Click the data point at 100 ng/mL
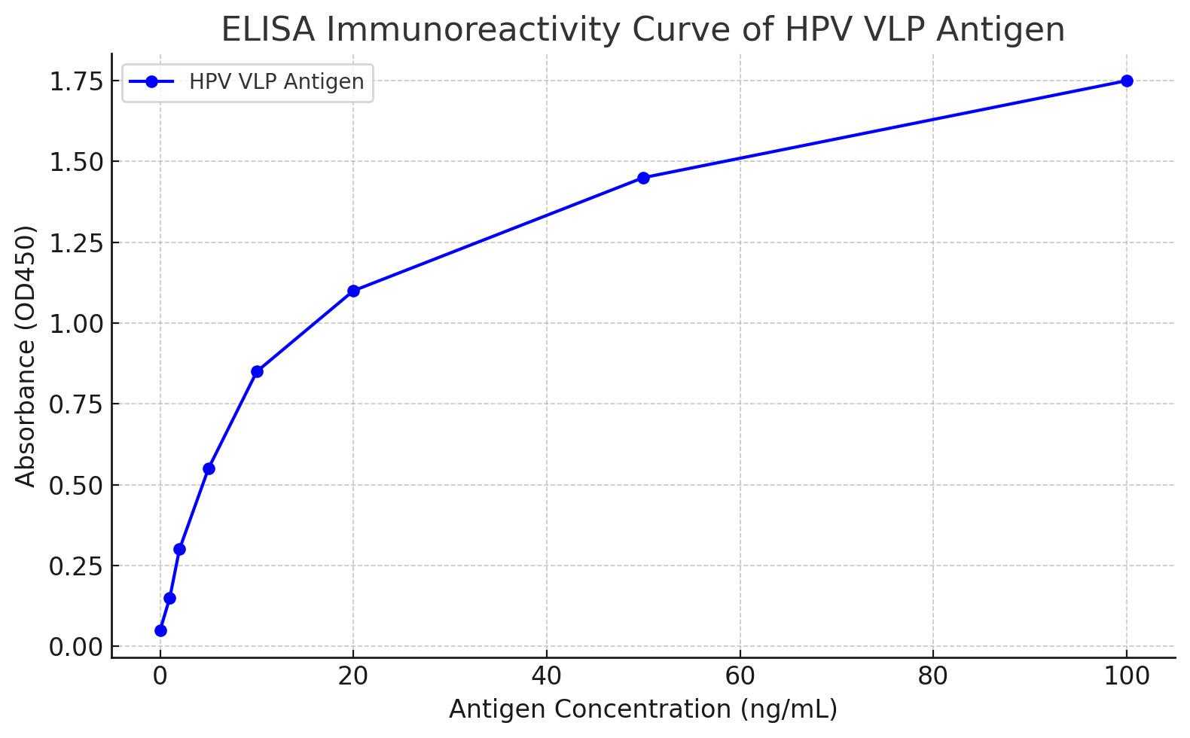click(x=1127, y=81)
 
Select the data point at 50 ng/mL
click(x=643, y=178)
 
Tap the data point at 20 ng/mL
click(x=353, y=291)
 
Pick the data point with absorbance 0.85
click(x=257, y=371)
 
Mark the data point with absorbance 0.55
click(x=209, y=468)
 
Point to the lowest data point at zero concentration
click(x=160, y=630)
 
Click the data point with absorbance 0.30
click(x=179, y=549)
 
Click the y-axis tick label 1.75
click(x=75, y=81)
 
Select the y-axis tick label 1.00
click(x=75, y=324)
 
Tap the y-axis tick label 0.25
click(x=75, y=566)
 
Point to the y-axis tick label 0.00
click(x=75, y=647)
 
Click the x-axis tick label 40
click(x=546, y=676)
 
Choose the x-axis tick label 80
click(x=933, y=676)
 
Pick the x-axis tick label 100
click(x=1127, y=676)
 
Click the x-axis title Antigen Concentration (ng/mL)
click(x=643, y=709)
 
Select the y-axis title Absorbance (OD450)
click(x=26, y=356)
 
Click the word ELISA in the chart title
click(x=269, y=30)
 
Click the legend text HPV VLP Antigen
click(x=276, y=81)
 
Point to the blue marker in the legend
click(x=151, y=81)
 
